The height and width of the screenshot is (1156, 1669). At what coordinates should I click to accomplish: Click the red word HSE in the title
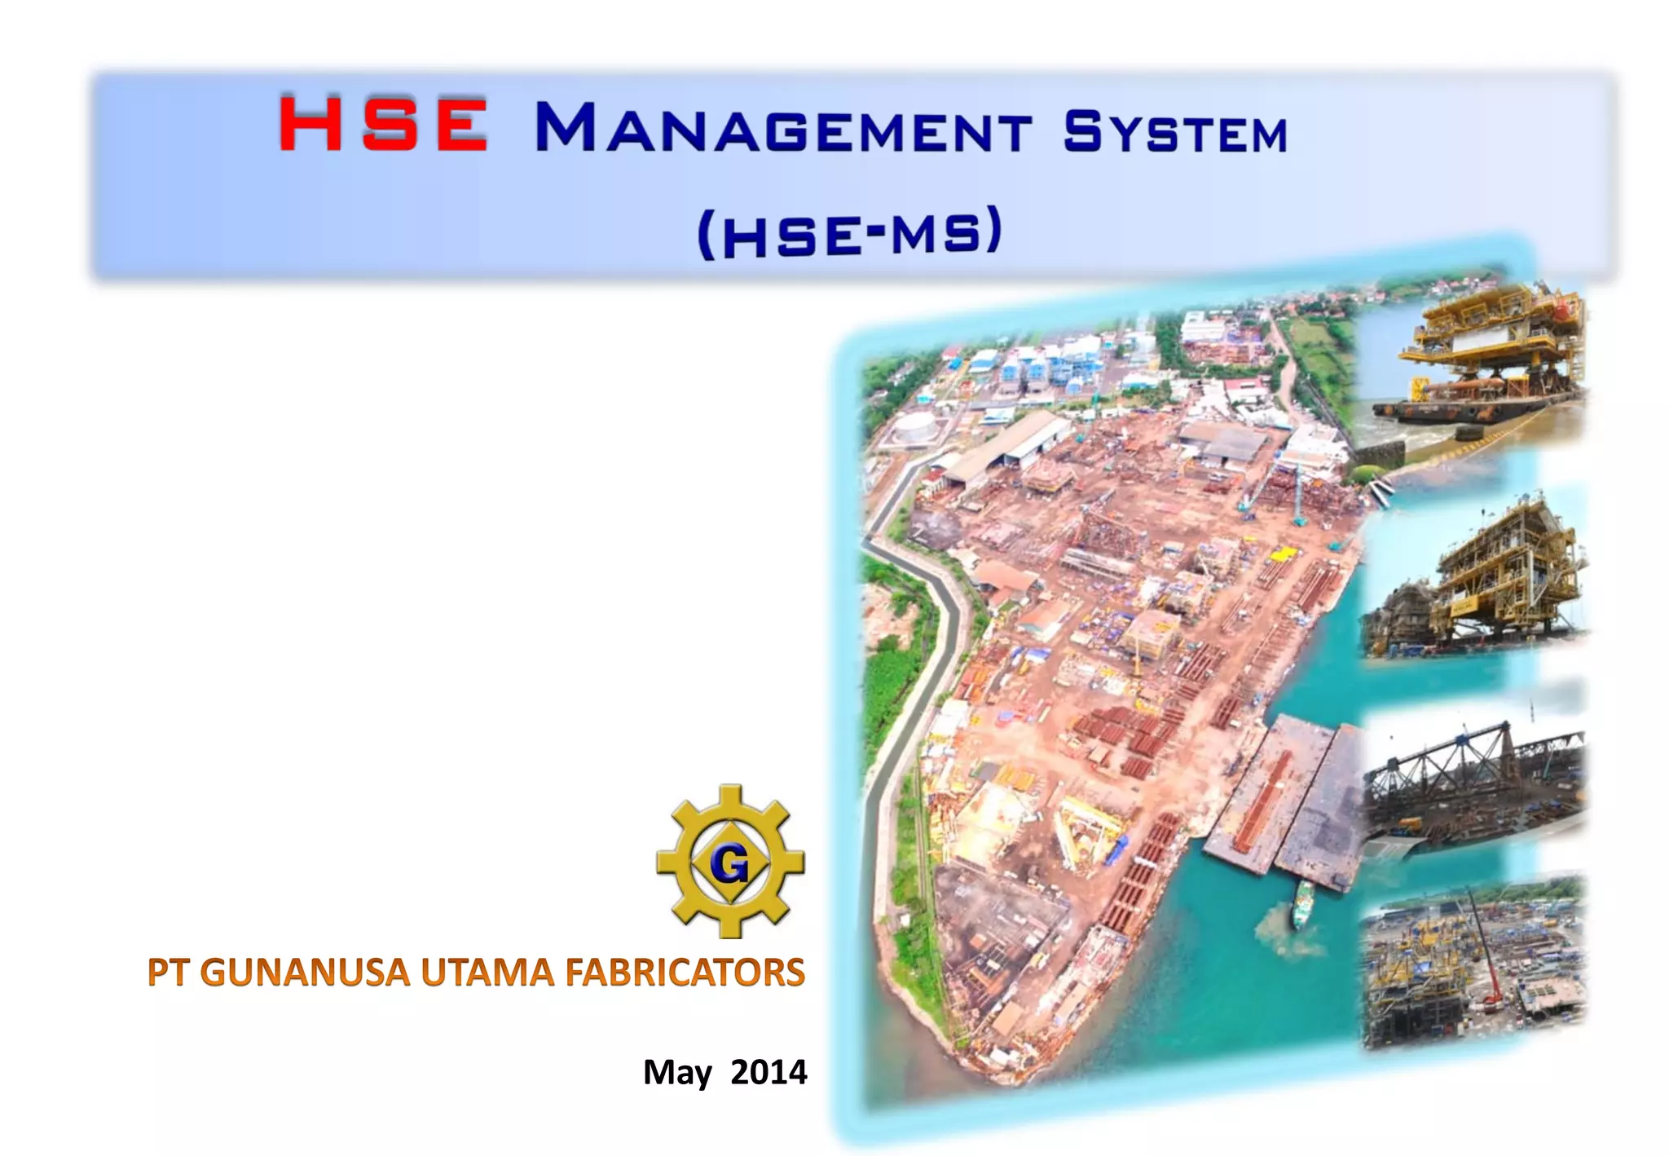[x=383, y=125]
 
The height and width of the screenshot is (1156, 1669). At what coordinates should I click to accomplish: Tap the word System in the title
[x=1174, y=132]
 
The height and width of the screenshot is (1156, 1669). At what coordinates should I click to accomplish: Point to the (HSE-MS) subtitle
[x=849, y=233]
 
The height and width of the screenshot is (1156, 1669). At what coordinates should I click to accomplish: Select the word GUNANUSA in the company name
[x=304, y=973]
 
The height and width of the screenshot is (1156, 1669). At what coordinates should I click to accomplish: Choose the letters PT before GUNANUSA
[x=169, y=973]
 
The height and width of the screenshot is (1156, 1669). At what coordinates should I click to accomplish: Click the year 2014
[x=768, y=1071]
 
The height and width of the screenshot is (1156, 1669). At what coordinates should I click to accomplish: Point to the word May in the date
[x=677, y=1073]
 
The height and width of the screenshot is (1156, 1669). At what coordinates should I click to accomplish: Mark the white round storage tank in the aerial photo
[x=914, y=429]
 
